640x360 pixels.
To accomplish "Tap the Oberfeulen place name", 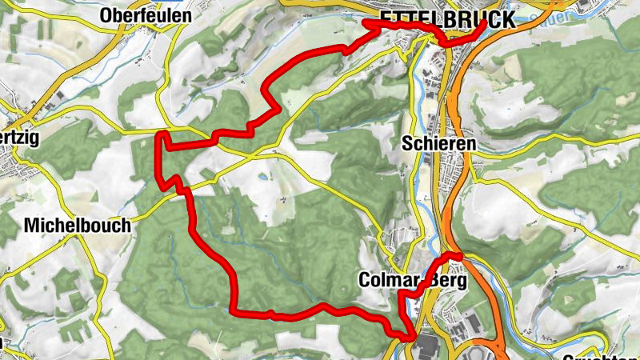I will [146, 15].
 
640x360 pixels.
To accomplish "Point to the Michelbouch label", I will [77, 226].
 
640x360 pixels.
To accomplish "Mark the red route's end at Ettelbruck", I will [485, 22].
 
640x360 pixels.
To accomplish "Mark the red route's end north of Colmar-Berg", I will [460, 256].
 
